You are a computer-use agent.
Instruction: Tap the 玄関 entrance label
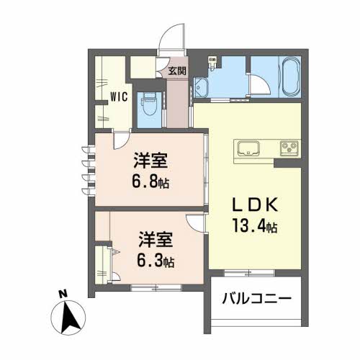coord(177,71)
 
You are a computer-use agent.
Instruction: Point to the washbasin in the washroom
coord(202,89)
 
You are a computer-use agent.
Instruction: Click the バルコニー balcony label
coord(256,298)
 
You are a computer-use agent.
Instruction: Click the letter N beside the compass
coord(62,294)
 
